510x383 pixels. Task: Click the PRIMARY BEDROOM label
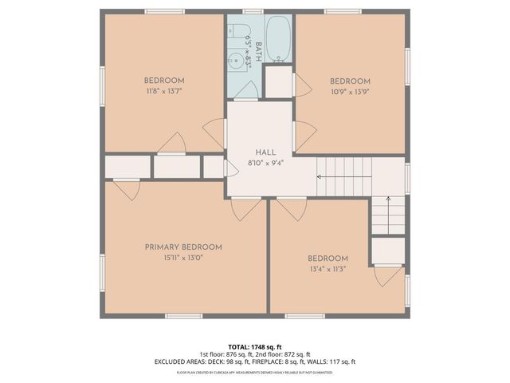tap(183, 247)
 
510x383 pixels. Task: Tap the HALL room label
tap(265, 152)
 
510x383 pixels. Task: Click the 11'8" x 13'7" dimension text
tap(164, 91)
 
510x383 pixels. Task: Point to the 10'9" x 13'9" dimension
tap(351, 92)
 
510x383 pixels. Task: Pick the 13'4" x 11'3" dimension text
tap(328, 269)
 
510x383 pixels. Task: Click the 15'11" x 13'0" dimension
tap(183, 258)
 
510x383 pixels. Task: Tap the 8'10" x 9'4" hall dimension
tap(265, 163)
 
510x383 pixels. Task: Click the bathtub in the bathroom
tap(279, 38)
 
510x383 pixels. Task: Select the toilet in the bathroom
tap(237, 34)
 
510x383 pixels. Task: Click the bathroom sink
tap(237, 62)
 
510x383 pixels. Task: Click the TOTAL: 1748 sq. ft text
tap(255, 346)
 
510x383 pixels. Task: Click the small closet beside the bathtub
tap(279, 81)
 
